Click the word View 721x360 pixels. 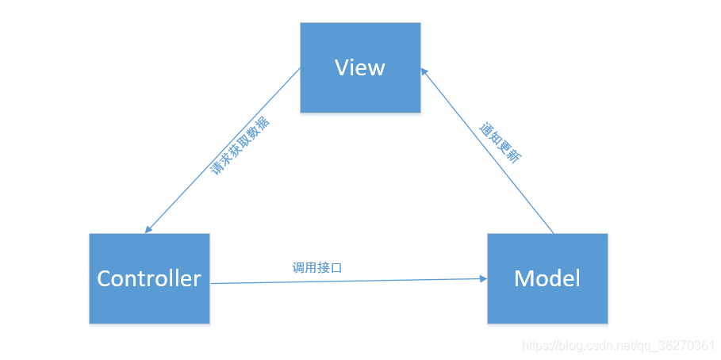pyautogui.click(x=360, y=67)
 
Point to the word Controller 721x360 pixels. pyautogui.click(x=149, y=278)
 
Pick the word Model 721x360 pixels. pyautogui.click(x=547, y=278)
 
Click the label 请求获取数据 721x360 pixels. pyautogui.click(x=239, y=145)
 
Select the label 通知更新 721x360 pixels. pyautogui.click(x=500, y=143)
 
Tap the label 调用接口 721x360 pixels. pyautogui.click(x=316, y=268)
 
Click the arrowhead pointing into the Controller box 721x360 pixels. pyautogui.click(x=148, y=229)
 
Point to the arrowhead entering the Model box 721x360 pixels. pyautogui.click(x=483, y=278)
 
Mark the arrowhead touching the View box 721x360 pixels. pyautogui.click(x=424, y=71)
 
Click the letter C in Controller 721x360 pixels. pyautogui.click(x=105, y=278)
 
